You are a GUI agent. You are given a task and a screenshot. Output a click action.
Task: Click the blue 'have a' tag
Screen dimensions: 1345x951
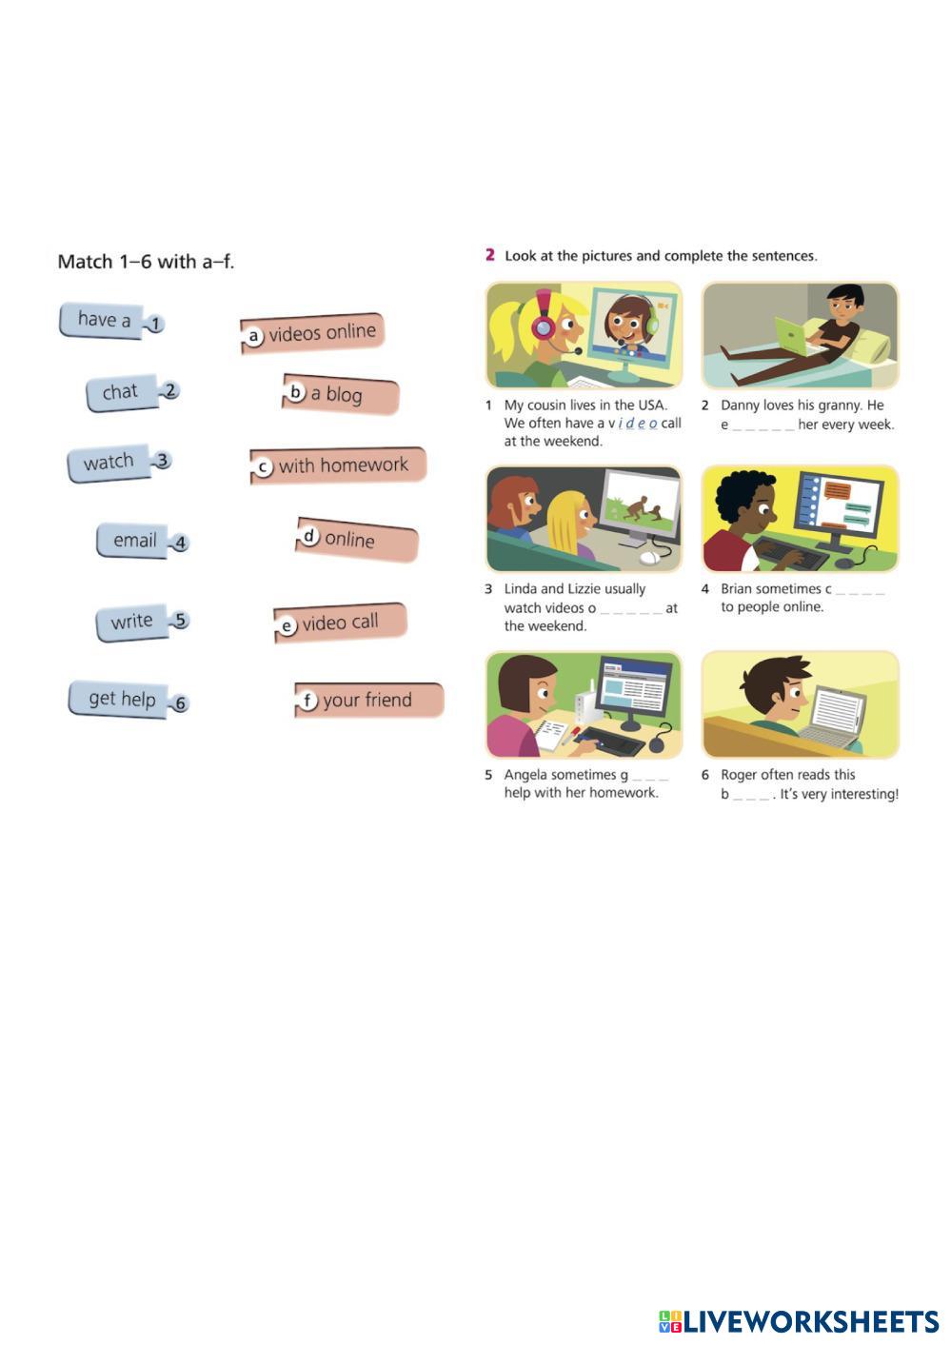tap(103, 320)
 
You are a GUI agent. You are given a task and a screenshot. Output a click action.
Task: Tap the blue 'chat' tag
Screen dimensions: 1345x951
tap(121, 392)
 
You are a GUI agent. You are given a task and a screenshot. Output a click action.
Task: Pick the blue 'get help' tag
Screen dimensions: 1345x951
tap(121, 699)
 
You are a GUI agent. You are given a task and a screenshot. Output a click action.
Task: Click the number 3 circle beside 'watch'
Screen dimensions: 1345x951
tap(163, 461)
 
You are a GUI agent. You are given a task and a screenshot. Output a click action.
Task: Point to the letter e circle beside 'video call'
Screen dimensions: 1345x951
tap(287, 626)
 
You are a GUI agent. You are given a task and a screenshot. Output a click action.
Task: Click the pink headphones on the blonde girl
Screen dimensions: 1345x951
tap(544, 320)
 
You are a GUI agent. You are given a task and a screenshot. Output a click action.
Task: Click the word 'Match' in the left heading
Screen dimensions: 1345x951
tap(85, 262)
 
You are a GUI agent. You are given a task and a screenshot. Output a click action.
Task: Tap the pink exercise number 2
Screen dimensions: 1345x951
tap(490, 255)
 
